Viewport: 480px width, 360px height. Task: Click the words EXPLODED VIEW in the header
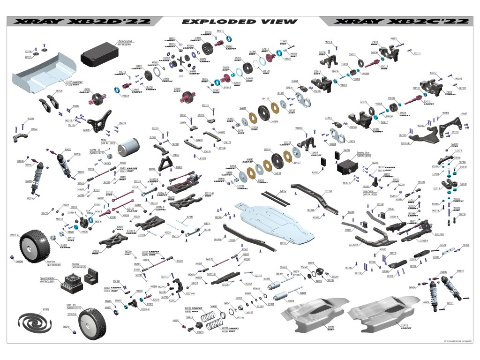(239, 22)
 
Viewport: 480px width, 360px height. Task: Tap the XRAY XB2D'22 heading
(82, 22)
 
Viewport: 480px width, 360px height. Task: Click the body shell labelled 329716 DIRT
(311, 316)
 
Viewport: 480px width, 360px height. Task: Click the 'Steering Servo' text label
(364, 153)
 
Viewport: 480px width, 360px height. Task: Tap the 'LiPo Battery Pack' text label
(124, 42)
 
